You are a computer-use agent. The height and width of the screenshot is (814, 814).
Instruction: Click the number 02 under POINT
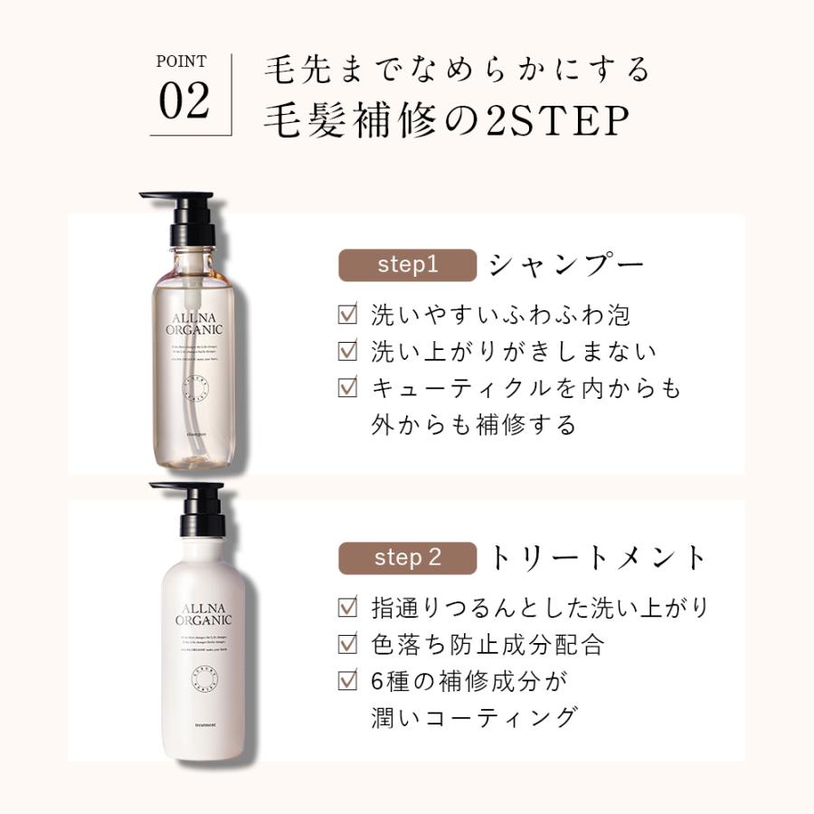pyautogui.click(x=185, y=102)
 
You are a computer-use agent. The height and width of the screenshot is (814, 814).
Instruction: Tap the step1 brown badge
pyautogui.click(x=407, y=265)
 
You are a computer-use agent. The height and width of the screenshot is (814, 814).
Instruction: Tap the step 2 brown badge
pyautogui.click(x=407, y=557)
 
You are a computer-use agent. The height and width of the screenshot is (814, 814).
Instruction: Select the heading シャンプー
pyautogui.click(x=566, y=265)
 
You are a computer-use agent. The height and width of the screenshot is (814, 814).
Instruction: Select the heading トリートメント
pyautogui.click(x=597, y=558)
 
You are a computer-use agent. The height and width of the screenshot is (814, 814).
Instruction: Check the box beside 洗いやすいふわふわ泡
pyautogui.click(x=347, y=316)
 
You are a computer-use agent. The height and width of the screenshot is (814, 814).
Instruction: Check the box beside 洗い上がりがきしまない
pyautogui.click(x=347, y=352)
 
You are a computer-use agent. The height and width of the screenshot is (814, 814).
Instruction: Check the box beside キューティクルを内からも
pyautogui.click(x=347, y=388)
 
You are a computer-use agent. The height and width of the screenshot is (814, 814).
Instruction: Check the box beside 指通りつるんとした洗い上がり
pyautogui.click(x=347, y=607)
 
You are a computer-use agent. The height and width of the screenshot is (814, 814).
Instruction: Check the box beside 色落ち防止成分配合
pyautogui.click(x=347, y=645)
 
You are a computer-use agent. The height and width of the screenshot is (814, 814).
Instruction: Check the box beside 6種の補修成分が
pyautogui.click(x=347, y=681)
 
